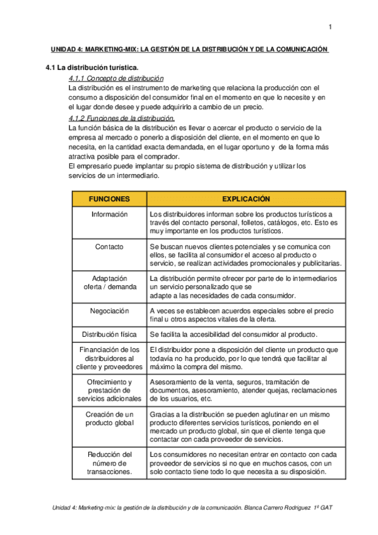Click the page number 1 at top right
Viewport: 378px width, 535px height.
[329, 26]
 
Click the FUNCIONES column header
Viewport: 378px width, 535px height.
[109, 199]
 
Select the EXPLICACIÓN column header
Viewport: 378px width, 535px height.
[246, 199]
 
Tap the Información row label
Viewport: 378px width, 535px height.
[109, 215]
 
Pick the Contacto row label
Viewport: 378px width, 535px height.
[109, 247]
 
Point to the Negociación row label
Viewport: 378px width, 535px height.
[109, 311]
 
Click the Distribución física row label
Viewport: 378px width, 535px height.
[109, 334]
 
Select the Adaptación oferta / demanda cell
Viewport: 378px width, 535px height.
[109, 283]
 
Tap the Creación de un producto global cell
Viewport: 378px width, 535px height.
[109, 418]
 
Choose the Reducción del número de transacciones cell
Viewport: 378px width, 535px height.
[109, 462]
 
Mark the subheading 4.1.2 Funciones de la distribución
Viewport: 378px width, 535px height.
[121, 119]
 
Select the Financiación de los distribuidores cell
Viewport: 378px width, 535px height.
[109, 358]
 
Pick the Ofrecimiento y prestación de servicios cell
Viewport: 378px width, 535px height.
[109, 391]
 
